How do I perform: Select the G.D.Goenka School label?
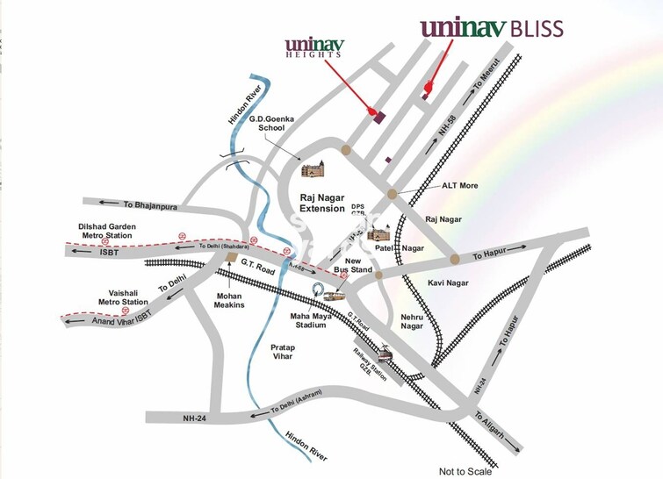[267, 123]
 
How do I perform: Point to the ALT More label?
[461, 186]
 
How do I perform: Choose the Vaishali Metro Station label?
[123, 296]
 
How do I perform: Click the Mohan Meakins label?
[227, 302]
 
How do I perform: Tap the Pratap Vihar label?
[283, 354]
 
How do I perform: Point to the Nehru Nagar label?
[412, 320]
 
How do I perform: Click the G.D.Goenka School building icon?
[313, 168]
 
